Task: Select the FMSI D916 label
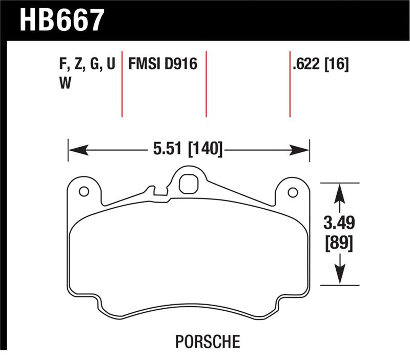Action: [163, 65]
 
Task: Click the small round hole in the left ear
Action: [84, 192]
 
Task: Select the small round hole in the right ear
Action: [293, 192]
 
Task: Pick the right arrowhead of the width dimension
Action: [302, 150]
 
